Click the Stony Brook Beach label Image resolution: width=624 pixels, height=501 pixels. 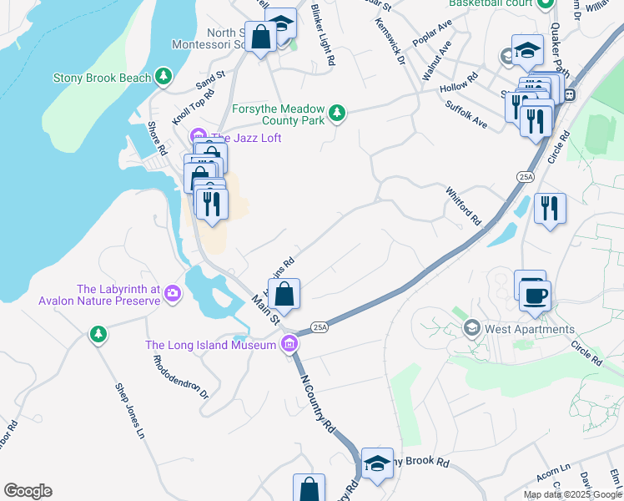click(102, 78)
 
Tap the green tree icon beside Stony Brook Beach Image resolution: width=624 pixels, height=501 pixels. click(165, 78)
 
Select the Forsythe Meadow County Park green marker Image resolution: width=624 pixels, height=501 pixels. click(336, 112)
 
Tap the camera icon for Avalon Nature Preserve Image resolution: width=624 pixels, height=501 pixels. click(172, 293)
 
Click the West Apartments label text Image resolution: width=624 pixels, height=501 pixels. click(530, 329)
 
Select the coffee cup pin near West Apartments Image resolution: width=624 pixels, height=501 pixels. click(535, 295)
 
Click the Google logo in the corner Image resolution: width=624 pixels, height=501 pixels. click(28, 491)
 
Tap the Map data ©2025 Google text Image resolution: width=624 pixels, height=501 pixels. click(573, 494)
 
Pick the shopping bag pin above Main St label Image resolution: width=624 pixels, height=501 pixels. click(284, 294)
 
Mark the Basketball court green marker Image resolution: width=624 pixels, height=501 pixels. click(545, 3)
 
